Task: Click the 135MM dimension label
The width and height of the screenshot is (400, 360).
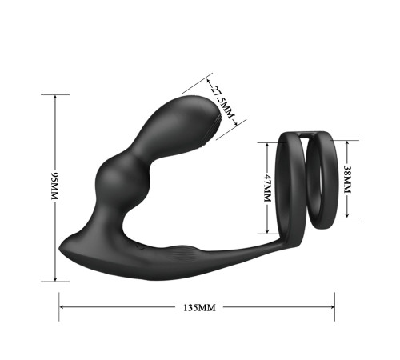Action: tap(199, 308)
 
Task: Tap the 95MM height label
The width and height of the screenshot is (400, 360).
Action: tap(54, 186)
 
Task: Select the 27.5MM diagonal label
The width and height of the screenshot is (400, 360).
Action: tap(222, 102)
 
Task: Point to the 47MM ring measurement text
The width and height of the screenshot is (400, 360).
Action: tap(267, 188)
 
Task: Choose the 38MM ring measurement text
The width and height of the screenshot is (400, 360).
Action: tap(347, 179)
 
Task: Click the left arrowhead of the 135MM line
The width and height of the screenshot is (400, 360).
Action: tap(61, 307)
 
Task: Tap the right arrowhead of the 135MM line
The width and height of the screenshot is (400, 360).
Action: tap(333, 307)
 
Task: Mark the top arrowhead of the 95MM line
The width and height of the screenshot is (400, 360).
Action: tap(55, 97)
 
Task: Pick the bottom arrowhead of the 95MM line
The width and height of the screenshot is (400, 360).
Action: tap(55, 279)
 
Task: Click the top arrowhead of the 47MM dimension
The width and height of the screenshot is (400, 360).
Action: tap(267, 145)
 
